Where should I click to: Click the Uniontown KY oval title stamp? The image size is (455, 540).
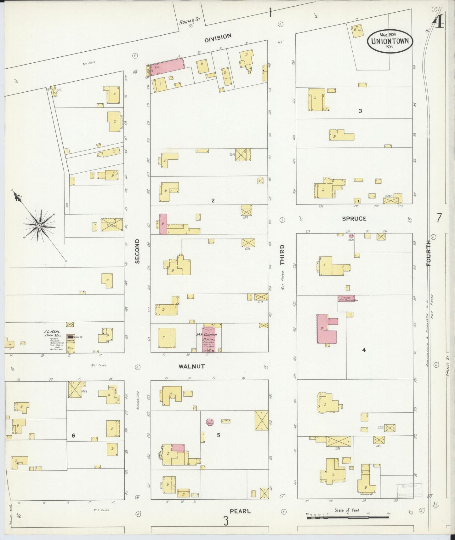(x=390, y=41)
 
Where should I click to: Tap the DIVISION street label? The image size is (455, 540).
(x=218, y=37)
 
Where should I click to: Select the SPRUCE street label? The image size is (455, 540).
(x=354, y=218)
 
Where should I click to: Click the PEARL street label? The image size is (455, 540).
(x=240, y=511)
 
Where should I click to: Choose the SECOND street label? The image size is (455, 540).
(x=137, y=251)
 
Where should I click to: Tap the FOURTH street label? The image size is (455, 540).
(x=429, y=253)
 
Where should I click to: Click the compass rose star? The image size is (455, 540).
(x=39, y=226)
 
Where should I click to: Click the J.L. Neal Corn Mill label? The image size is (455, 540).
(x=52, y=334)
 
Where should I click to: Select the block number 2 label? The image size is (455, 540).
(x=213, y=200)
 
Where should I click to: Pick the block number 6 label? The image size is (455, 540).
(x=73, y=435)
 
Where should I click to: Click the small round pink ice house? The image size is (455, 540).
(x=351, y=236)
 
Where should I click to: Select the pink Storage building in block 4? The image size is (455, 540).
(x=346, y=298)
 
